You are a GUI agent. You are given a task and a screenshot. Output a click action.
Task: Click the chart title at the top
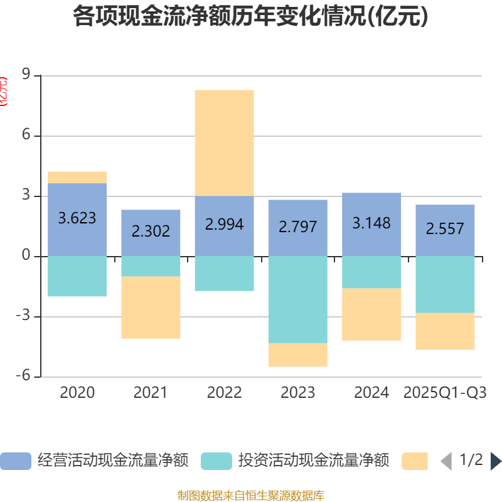tap(250, 17)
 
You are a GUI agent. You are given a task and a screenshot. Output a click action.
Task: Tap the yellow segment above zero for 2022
tap(224, 142)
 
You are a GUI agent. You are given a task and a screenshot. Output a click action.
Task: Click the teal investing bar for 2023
tap(297, 299)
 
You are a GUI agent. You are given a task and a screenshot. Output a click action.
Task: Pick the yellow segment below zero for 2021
tap(151, 307)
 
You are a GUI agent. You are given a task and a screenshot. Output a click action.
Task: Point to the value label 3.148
tap(371, 223)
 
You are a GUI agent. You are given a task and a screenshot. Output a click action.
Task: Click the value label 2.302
tap(151, 231)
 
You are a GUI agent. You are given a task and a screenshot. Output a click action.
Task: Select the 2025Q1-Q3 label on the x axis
tap(445, 393)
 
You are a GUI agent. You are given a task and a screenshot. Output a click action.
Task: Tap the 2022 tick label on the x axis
tap(224, 393)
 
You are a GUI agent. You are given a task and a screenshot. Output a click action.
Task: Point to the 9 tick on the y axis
tap(26, 75)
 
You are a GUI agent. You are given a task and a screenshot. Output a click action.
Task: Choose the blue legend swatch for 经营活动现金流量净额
tap(16, 461)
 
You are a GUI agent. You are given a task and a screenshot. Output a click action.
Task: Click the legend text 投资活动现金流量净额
tap(313, 461)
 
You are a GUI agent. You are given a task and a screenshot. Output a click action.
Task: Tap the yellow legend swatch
tap(415, 461)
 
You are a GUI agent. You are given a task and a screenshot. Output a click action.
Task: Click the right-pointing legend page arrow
tap(496, 461)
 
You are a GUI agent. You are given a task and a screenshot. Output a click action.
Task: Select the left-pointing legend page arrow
tap(446, 461)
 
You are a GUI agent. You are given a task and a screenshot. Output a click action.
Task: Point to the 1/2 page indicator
tap(471, 461)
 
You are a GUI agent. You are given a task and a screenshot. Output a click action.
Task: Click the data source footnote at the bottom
tap(250, 496)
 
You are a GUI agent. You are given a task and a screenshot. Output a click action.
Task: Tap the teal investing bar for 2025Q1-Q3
tap(445, 284)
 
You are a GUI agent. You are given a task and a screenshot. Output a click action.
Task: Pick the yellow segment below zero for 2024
tap(371, 314)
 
